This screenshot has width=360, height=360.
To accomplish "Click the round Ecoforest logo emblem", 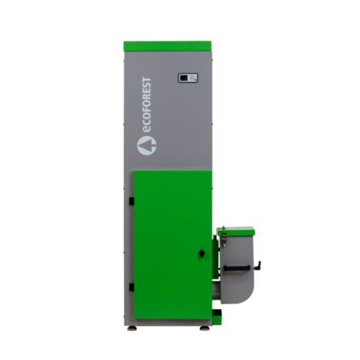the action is click(147, 145).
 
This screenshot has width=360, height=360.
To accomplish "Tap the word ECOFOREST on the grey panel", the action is click(147, 104).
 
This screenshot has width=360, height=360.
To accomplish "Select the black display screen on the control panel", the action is click(184, 78).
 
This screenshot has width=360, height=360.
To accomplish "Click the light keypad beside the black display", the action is click(192, 78).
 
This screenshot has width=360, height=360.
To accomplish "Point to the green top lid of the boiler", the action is click(167, 46).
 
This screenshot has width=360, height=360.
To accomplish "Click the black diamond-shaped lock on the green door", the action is click(202, 253).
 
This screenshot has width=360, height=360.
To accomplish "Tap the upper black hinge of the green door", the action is click(132, 202).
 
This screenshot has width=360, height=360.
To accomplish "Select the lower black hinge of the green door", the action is click(132, 287).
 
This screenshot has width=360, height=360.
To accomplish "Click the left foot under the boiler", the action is click(132, 328).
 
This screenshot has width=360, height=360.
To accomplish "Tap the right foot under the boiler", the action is click(204, 328).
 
